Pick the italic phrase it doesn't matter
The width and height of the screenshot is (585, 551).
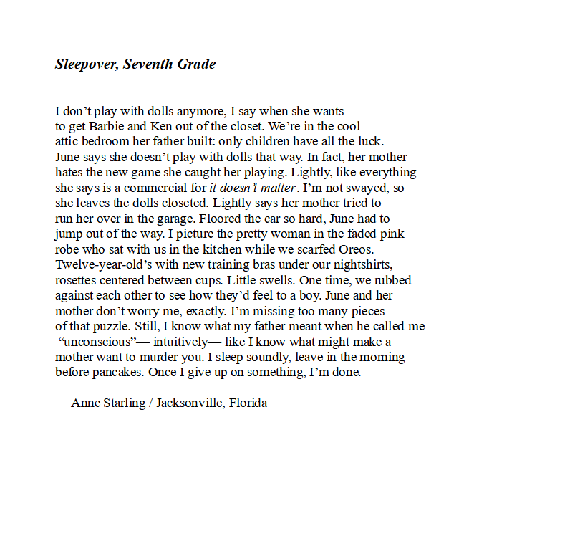point(252,188)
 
